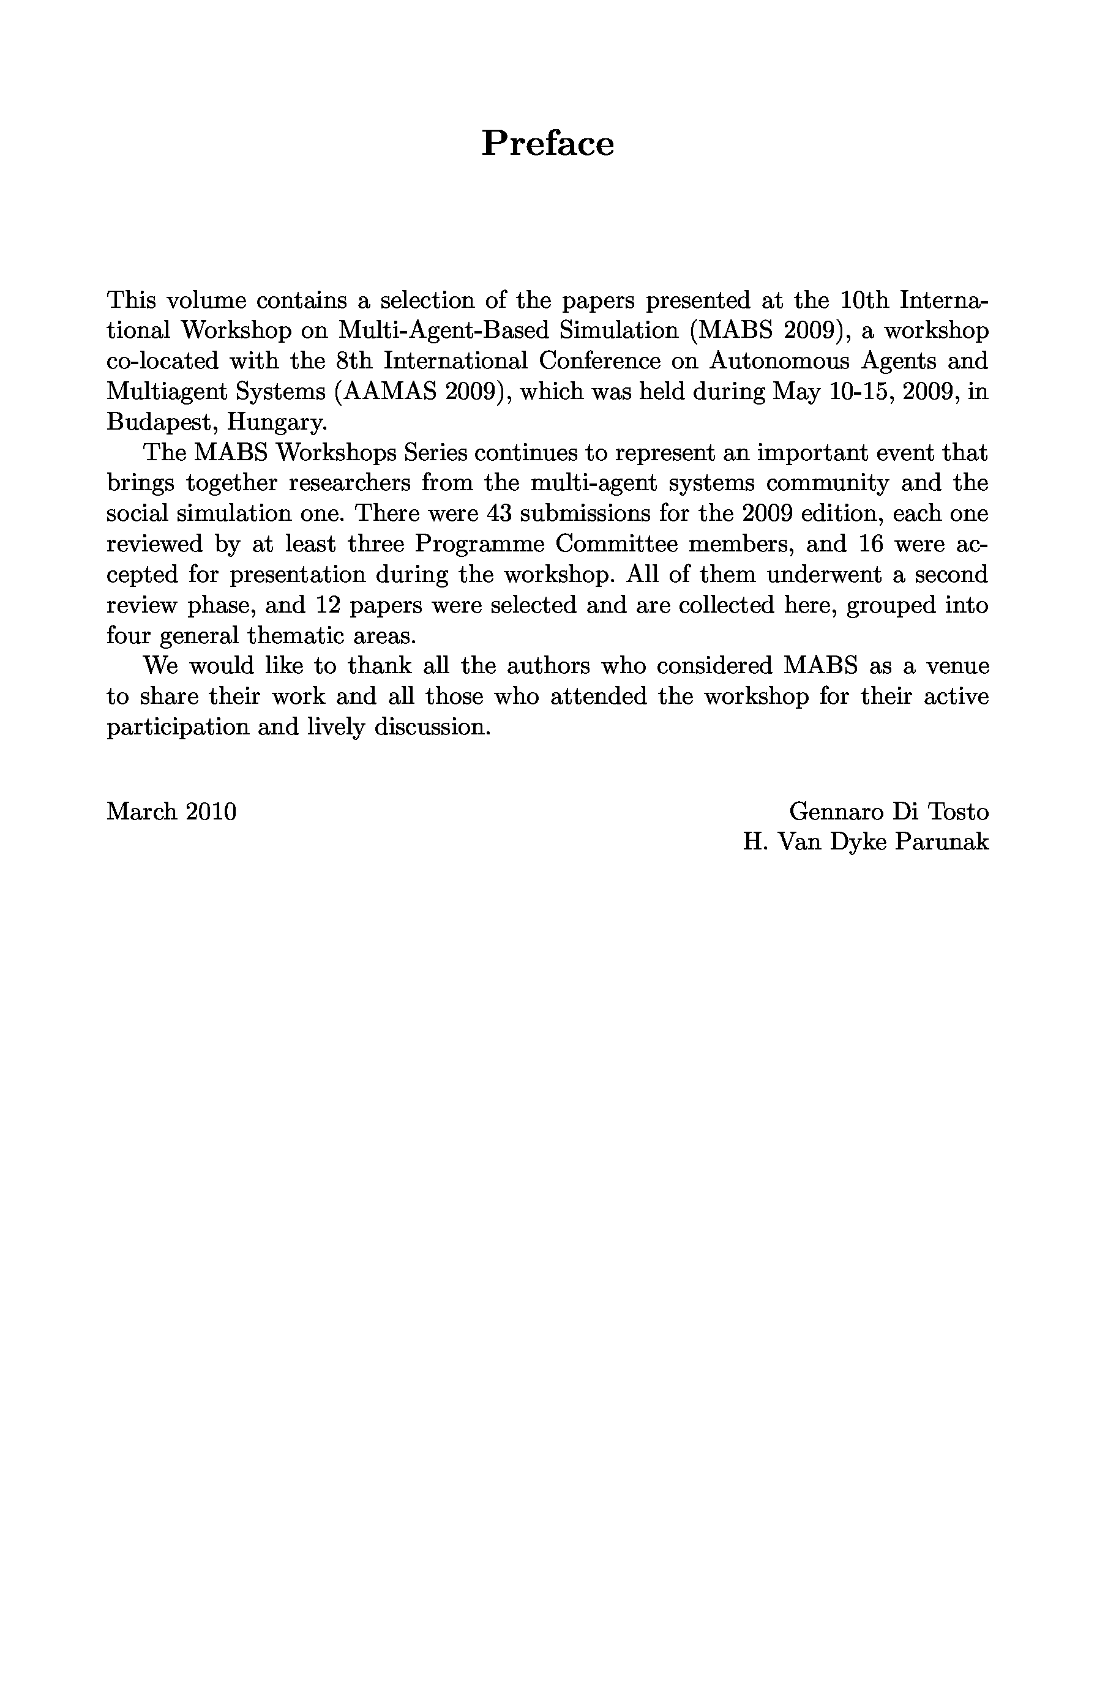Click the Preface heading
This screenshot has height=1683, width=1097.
[547, 144]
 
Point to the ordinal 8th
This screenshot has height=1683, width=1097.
[354, 360]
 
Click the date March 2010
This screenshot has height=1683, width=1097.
[171, 811]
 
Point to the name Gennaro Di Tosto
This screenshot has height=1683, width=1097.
[888, 811]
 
